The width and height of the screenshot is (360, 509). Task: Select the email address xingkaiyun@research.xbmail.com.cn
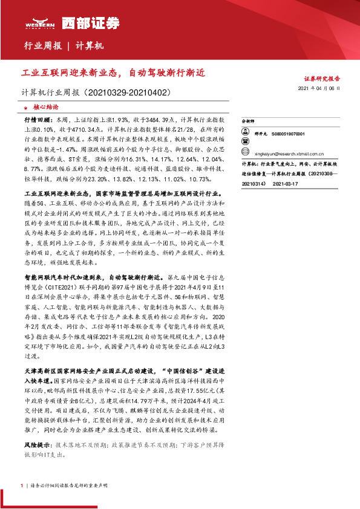(289, 154)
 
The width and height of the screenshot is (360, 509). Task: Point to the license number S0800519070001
(288, 134)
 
